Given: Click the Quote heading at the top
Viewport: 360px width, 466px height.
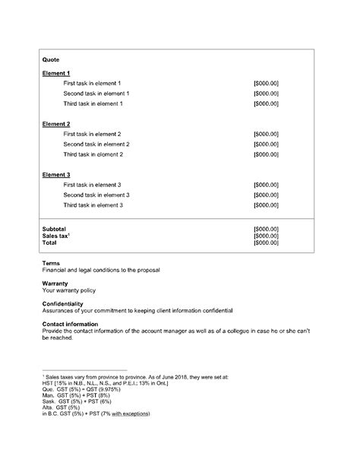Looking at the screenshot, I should tap(51, 59).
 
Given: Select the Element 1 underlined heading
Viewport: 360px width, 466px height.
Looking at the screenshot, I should tap(56, 72).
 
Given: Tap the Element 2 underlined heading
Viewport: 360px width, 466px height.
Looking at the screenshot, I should tap(56, 123).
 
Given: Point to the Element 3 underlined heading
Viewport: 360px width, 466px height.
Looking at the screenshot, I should tap(56, 174).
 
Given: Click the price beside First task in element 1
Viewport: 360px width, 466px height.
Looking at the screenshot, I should tap(266, 83).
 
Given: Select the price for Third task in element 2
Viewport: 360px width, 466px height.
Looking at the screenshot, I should tap(266, 154).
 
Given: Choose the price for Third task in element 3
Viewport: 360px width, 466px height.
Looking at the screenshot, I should tap(266, 205).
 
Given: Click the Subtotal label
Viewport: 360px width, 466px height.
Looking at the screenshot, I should tap(54, 229).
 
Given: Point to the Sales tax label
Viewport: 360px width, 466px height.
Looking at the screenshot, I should tap(56, 236).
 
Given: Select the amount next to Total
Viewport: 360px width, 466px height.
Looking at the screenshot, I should tap(266, 243).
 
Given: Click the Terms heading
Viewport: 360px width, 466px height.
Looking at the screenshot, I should tap(51, 264).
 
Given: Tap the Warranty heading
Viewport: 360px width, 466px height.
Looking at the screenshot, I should tap(55, 284).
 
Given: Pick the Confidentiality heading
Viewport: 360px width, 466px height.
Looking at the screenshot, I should tap(63, 304).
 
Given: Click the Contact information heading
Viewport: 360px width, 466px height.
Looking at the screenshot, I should tap(71, 324).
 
